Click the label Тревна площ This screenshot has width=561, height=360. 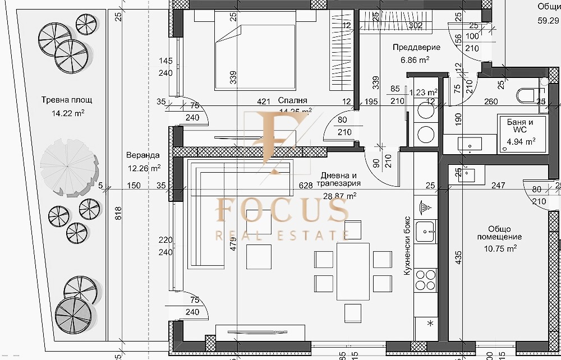(x=66, y=100)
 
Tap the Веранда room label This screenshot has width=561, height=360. (x=142, y=155)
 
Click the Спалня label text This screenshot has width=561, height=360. (x=292, y=100)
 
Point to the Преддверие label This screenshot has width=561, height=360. (x=416, y=48)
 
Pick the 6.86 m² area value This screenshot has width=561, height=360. (x=415, y=59)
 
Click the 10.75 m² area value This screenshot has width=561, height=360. (x=499, y=247)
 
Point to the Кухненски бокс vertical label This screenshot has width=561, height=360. (x=407, y=245)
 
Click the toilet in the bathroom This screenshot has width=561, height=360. (x=527, y=95)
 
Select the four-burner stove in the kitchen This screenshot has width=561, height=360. (x=425, y=280)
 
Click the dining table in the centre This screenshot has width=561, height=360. (x=353, y=271)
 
